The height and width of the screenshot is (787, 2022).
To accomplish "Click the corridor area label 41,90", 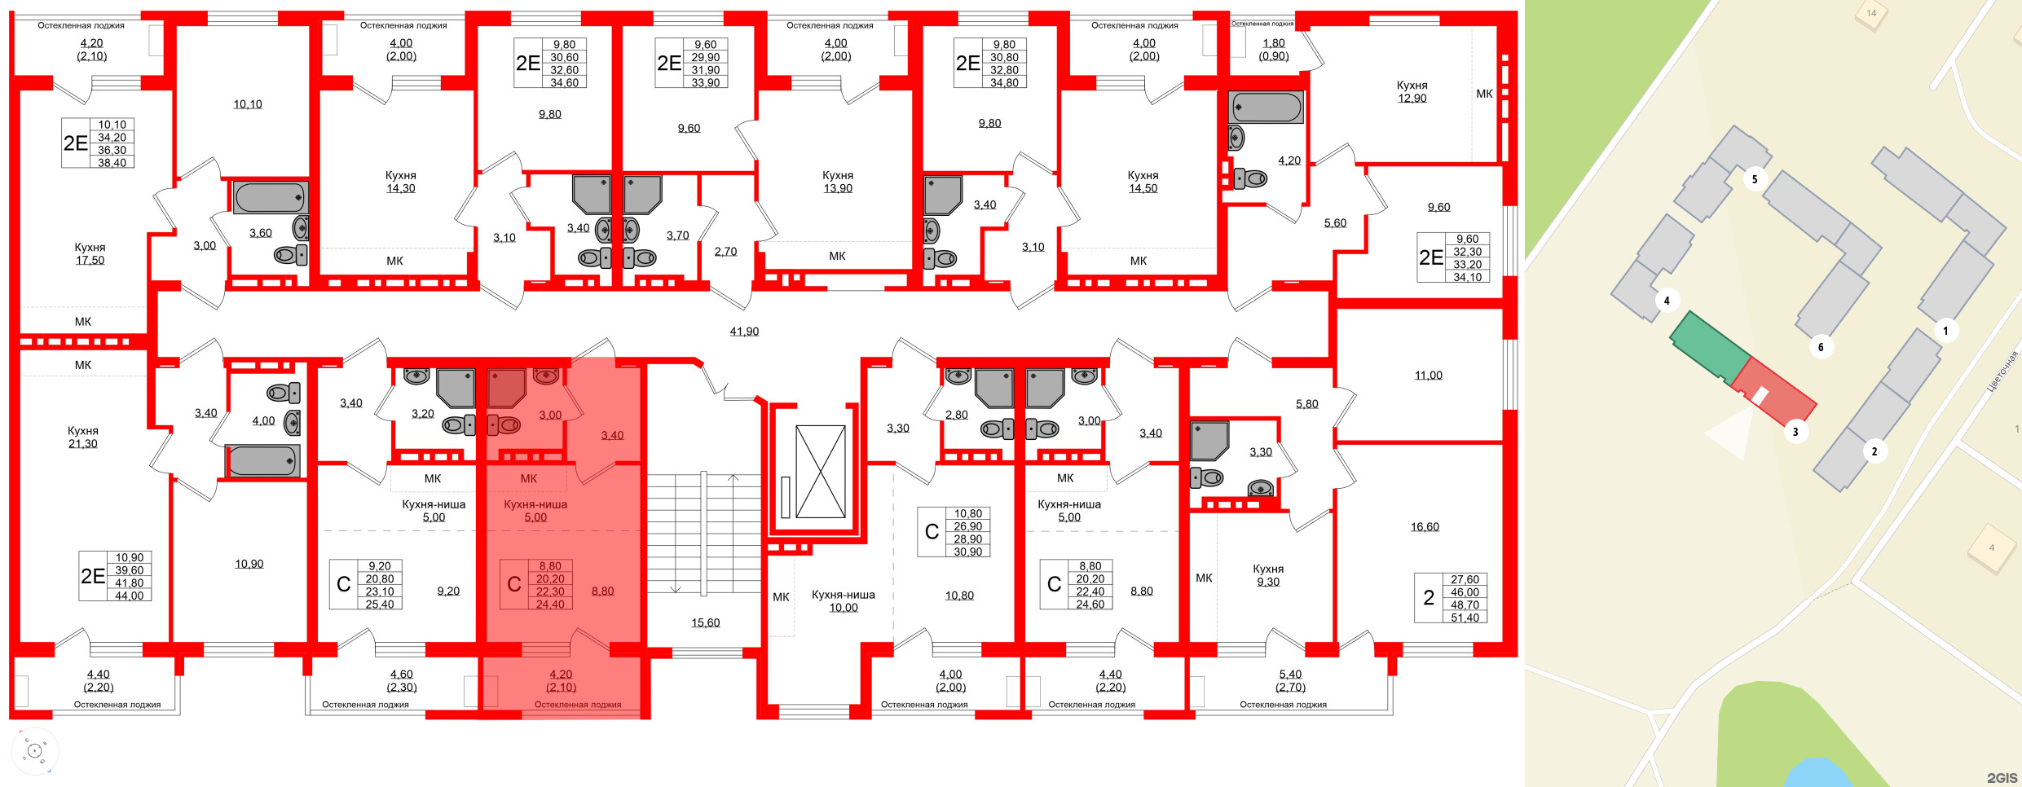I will (744, 332).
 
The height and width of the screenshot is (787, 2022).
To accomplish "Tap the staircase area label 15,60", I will (705, 622).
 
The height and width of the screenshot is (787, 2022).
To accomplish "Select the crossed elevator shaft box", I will (820, 471).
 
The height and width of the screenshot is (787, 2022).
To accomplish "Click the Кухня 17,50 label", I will (90, 253).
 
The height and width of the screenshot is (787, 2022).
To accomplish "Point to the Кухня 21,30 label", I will (83, 437).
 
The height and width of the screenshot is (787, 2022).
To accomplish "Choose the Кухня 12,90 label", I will (1412, 91).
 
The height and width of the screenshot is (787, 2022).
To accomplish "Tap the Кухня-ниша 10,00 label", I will (843, 600).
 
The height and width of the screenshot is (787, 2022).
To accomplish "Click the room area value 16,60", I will (1425, 527).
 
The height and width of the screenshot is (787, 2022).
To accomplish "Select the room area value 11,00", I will (1428, 376).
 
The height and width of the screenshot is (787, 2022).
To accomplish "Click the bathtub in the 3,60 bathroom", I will (270, 197).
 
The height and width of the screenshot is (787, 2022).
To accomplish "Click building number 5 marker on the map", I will (1754, 179).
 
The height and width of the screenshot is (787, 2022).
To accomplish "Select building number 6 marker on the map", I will (1821, 347).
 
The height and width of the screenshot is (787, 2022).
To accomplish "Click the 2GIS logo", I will (2002, 777).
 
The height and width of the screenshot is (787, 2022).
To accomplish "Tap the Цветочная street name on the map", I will (2001, 371).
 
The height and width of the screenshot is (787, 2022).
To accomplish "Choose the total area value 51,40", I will (1465, 618).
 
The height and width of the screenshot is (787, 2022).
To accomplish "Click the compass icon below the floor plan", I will (34, 750).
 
